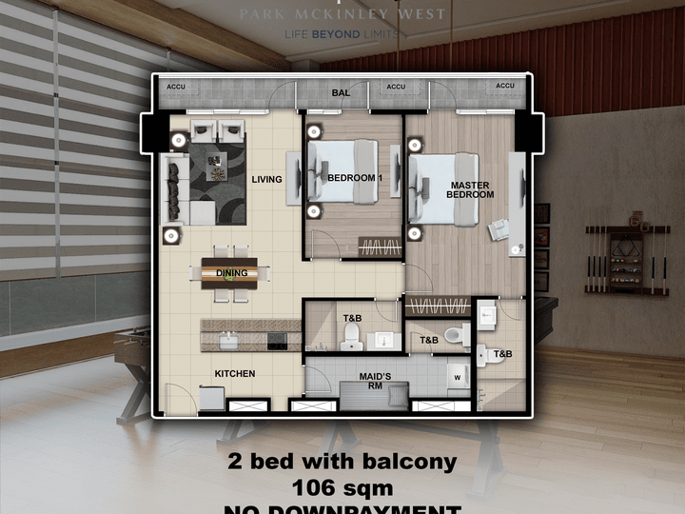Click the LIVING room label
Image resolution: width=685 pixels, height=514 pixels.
(x=267, y=178)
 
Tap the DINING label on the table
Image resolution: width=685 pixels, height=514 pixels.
(x=231, y=273)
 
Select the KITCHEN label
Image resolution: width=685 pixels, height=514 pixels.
(x=234, y=374)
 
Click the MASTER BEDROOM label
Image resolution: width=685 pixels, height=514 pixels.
(x=470, y=189)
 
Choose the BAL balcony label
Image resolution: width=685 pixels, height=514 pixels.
(x=342, y=93)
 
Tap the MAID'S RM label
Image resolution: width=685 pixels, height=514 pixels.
(x=376, y=380)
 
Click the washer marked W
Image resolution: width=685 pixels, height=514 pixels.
(x=458, y=376)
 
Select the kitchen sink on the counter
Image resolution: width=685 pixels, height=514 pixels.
(x=229, y=339)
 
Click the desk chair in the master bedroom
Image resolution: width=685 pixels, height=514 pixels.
(x=498, y=228)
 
